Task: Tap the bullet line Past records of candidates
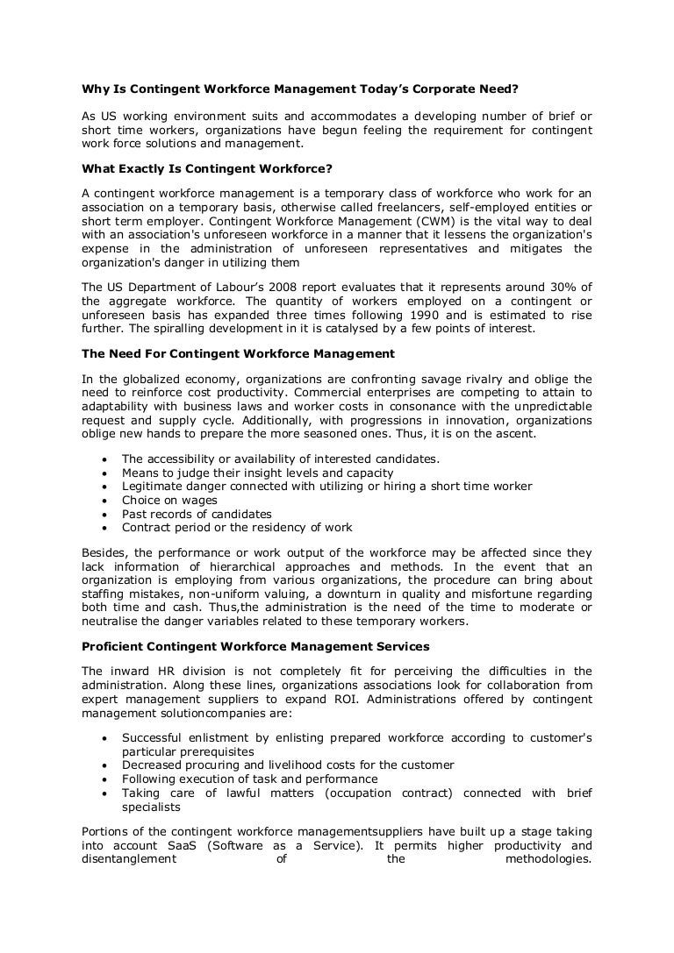click(197, 514)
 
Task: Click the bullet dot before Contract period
click(106, 528)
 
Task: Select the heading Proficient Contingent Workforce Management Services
click(255, 647)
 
